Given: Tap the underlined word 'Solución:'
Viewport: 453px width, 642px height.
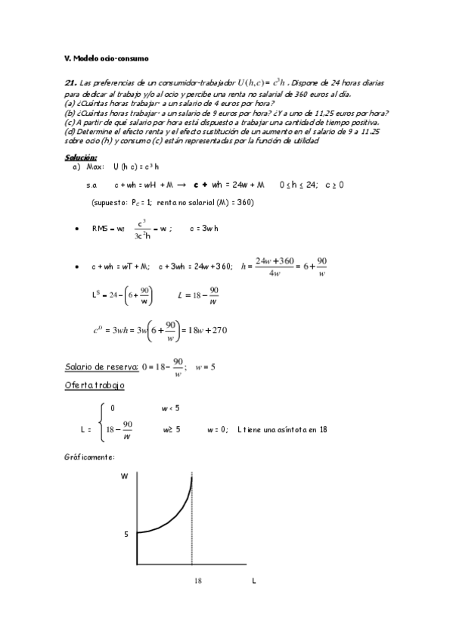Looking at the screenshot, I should tap(81, 157).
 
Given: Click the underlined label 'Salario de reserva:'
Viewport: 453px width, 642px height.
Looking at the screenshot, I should tap(101, 367).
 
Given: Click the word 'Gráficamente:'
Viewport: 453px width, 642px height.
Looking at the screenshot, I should tap(91, 457).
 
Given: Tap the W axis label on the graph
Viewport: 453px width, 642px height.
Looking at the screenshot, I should tap(124, 477).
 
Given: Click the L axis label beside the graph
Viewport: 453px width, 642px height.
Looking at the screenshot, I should tap(253, 581).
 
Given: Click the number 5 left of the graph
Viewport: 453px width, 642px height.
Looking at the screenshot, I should tap(126, 534).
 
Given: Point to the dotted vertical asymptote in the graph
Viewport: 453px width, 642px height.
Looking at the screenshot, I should tap(192, 530).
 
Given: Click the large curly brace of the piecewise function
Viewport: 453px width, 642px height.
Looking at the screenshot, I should tap(102, 429).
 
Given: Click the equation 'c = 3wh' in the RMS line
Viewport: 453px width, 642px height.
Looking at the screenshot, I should tap(204, 228).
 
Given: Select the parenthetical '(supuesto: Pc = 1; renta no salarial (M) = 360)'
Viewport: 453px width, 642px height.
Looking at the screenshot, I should tap(172, 202).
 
